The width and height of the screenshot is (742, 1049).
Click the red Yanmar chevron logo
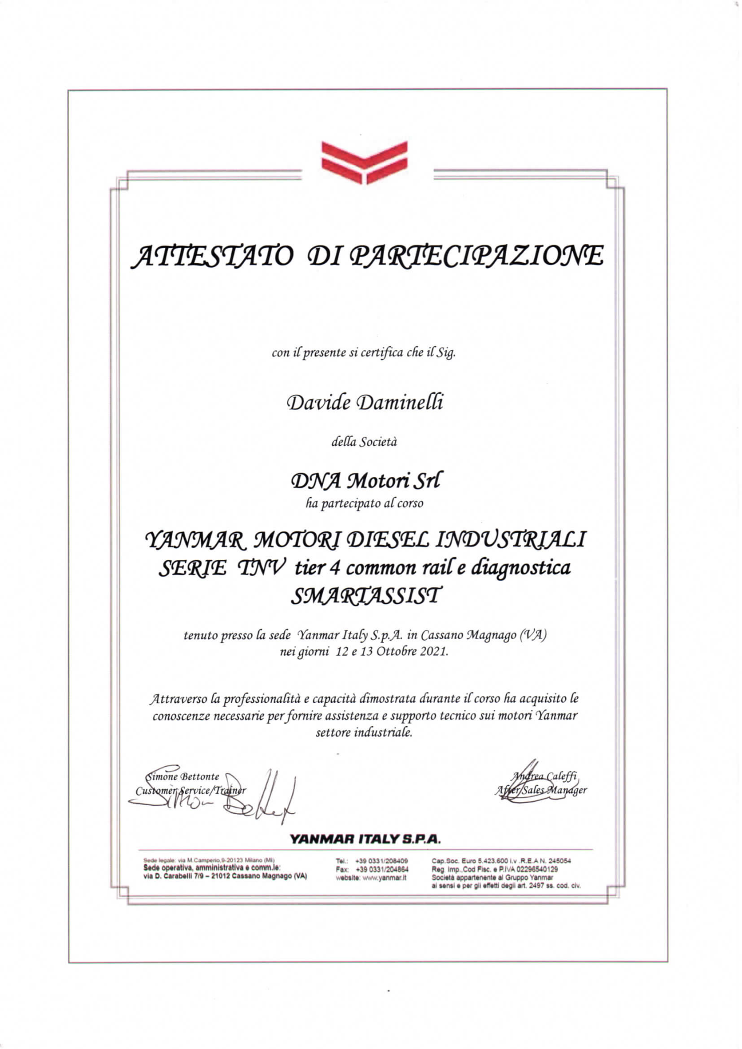(x=364, y=162)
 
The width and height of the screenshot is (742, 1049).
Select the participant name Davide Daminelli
(x=364, y=403)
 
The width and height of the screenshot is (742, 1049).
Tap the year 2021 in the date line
(x=433, y=652)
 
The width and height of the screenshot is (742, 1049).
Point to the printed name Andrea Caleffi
(x=544, y=776)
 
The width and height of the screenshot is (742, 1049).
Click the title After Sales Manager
(x=541, y=790)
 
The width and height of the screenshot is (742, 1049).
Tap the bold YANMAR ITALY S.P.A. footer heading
(x=365, y=839)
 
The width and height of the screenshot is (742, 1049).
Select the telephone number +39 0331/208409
(x=381, y=861)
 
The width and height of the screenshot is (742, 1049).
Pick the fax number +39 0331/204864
(x=381, y=870)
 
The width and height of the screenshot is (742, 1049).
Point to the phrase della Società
(x=364, y=442)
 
